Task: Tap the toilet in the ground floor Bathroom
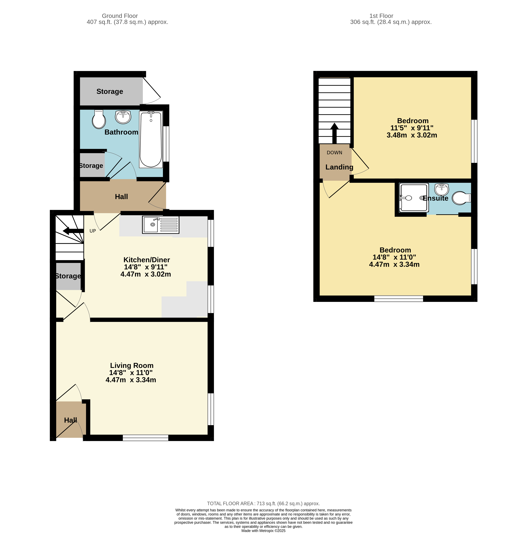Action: click(99, 119)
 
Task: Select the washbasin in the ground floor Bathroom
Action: click(123, 117)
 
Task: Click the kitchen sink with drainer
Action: click(160, 225)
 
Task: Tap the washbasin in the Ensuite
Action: click(441, 189)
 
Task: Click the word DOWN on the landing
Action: click(334, 153)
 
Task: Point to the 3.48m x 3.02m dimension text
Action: click(412, 135)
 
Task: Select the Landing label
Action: click(339, 167)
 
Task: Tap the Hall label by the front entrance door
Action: click(70, 420)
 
